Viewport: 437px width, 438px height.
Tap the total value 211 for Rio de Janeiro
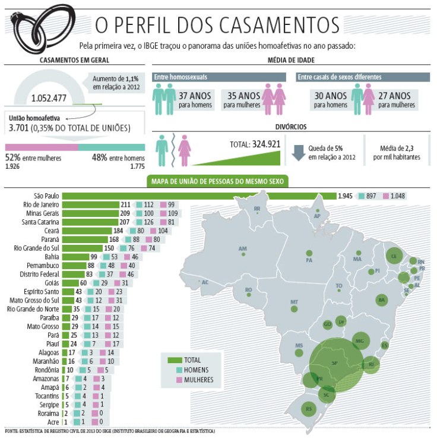[x=125, y=204]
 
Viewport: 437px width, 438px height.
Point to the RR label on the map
[x=257, y=209]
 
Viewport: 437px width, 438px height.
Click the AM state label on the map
[x=242, y=248]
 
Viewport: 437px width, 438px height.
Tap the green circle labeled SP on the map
[x=335, y=362]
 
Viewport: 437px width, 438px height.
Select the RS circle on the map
[x=308, y=409]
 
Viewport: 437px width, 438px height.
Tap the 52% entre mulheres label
[x=33, y=158]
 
